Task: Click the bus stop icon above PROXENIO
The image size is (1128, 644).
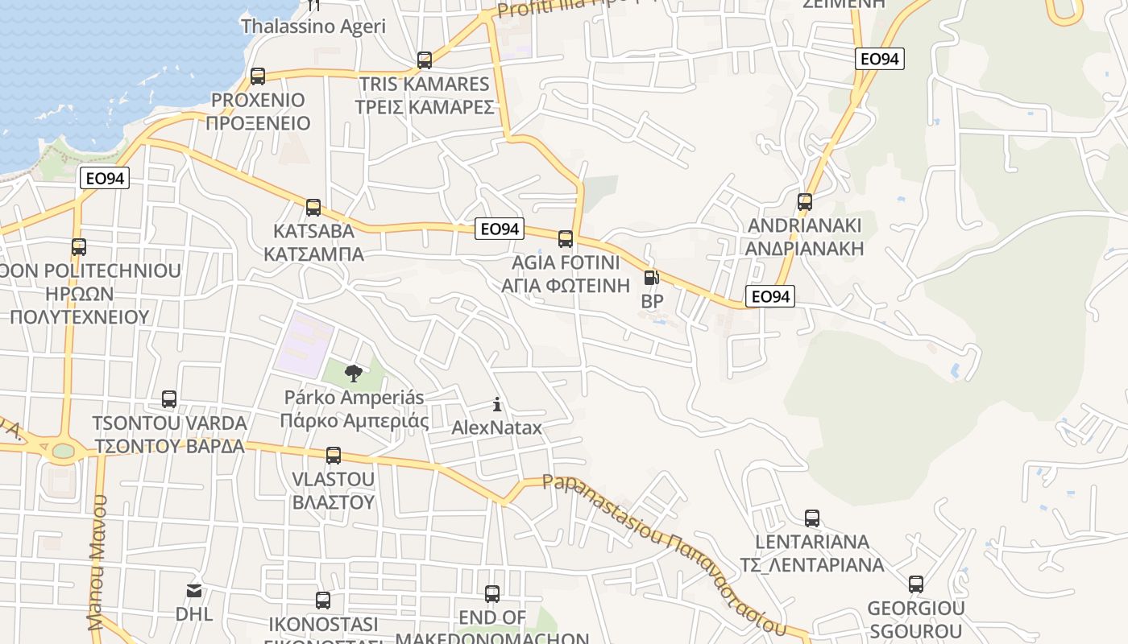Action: pos(258,76)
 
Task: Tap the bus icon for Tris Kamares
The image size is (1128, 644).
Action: pos(425,60)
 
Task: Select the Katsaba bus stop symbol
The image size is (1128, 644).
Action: pos(313,208)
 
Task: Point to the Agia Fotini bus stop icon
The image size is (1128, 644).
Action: pos(566,239)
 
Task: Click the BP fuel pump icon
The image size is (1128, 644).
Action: pos(651,278)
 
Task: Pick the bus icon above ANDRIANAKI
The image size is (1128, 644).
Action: pos(805,202)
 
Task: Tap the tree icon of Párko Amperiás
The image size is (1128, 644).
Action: pos(353,373)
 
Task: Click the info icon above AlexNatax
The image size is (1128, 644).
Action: pos(497,404)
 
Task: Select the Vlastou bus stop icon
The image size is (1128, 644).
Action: pos(334,456)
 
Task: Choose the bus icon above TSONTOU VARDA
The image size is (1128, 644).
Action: pos(169,399)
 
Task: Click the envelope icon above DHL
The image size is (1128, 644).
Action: pos(194,591)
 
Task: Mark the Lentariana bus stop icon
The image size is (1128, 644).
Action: pos(812,518)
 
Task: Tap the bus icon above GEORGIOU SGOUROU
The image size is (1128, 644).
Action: pos(916,584)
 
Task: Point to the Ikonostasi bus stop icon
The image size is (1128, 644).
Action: pos(323,601)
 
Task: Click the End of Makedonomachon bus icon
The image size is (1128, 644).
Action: pos(492,594)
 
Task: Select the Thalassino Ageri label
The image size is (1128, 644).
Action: pos(313,26)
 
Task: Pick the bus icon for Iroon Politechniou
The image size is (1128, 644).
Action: pos(79,247)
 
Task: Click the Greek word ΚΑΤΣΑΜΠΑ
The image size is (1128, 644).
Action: pos(313,254)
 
